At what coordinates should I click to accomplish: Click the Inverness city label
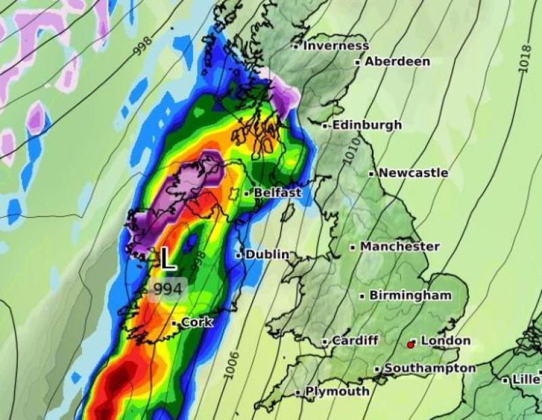coord(335,46)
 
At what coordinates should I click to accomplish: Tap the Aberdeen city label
coord(397,62)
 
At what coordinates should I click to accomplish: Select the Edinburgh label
coord(367,126)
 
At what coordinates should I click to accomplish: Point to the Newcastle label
coord(413,173)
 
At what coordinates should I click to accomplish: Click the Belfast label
coord(277,193)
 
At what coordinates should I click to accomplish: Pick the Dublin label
coord(267,254)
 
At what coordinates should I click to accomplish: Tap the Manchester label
coord(400,246)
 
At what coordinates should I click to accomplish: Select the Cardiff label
coord(354,341)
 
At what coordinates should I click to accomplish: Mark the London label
coord(445,341)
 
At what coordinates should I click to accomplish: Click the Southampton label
coord(430,368)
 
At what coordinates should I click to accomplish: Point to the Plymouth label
coord(337,392)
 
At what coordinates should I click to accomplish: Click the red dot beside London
coord(410,345)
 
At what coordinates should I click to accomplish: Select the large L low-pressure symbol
coord(167,259)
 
